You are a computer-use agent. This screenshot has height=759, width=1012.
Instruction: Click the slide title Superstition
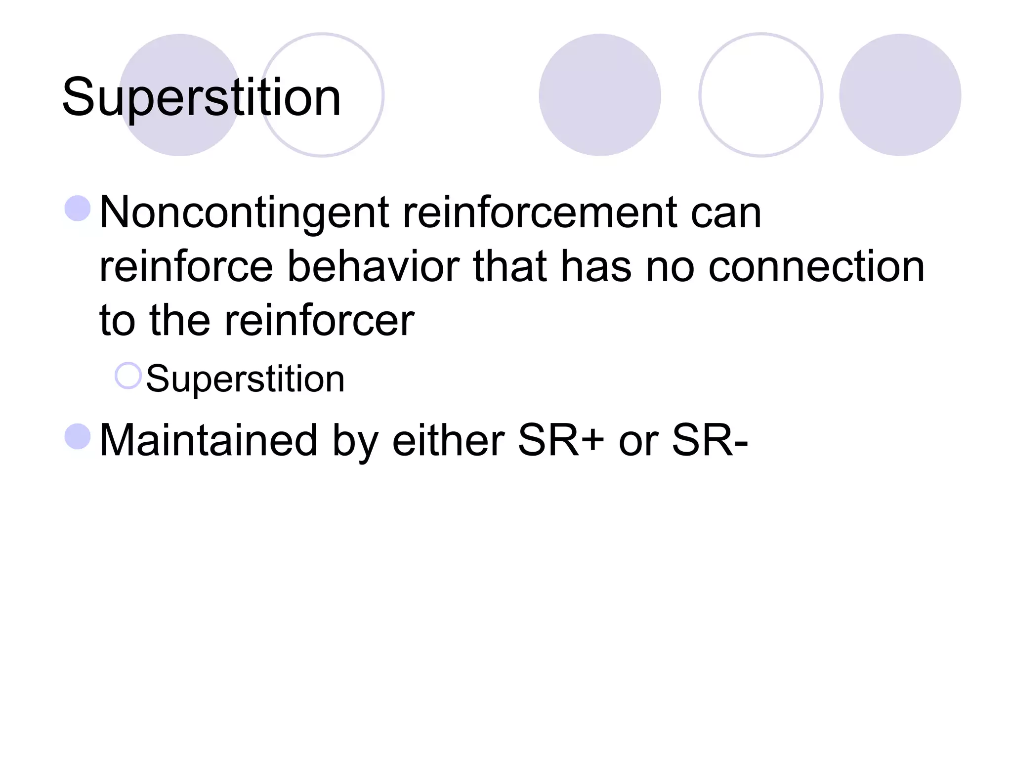coord(201,97)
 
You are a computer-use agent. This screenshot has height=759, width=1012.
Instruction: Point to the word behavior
coord(373,267)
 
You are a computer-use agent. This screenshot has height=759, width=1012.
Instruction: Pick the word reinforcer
coord(319,321)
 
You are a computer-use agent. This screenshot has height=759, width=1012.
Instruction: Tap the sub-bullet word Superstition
coord(245,379)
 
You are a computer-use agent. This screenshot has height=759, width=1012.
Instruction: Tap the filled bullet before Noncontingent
coord(78,208)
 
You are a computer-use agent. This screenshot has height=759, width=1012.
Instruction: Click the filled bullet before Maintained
coord(78,437)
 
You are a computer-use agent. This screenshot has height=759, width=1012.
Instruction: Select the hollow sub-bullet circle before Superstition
coord(128,376)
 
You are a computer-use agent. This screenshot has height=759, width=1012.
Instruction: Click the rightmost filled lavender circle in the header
coord(900,95)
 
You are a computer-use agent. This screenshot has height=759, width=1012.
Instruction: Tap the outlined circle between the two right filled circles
coord(760,95)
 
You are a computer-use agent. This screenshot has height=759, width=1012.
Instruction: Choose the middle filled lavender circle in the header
coord(599,95)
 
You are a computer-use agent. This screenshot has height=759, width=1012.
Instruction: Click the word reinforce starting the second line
coord(186,267)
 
